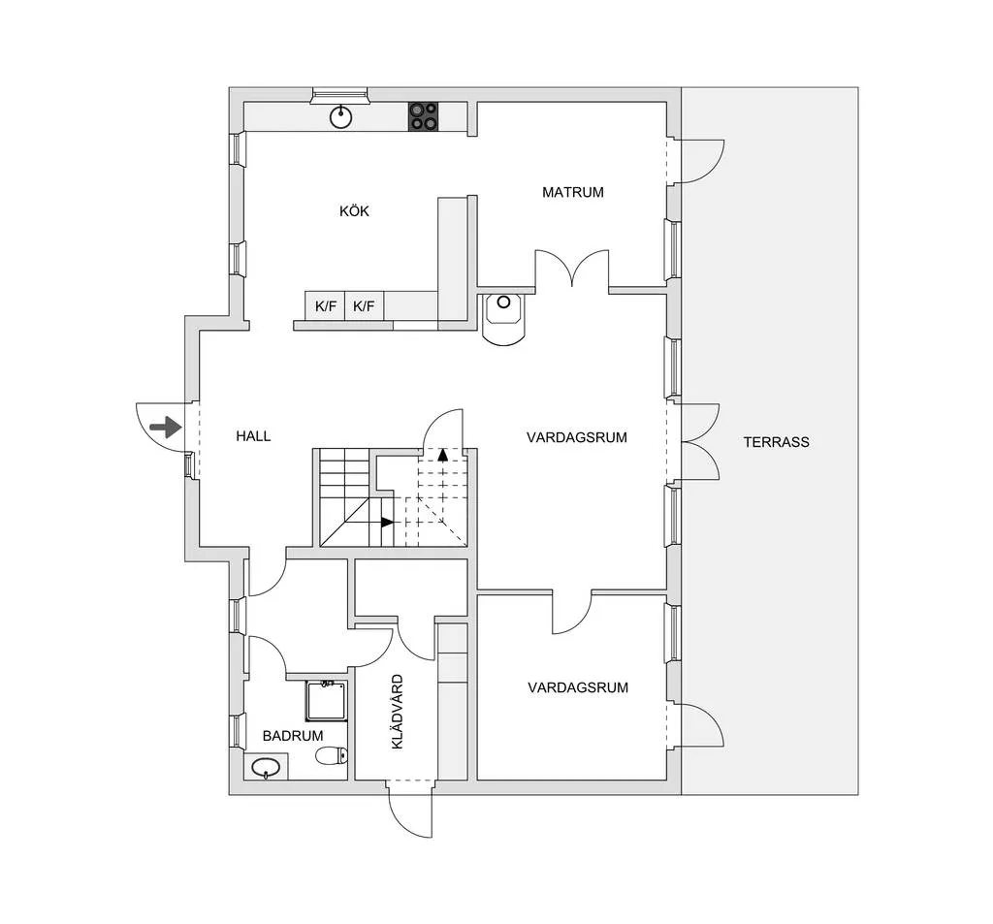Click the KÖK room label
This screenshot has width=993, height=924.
[x=354, y=211]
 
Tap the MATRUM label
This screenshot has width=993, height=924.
[x=572, y=192]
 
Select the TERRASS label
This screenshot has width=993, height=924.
[x=776, y=442]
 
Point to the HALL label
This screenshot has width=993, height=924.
[x=253, y=436]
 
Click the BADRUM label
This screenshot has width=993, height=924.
[x=292, y=736]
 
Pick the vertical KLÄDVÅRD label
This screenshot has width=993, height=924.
[x=397, y=712]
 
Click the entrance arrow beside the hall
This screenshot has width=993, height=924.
[x=167, y=427]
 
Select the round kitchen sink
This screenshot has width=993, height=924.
[x=340, y=117]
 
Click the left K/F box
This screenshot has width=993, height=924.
[x=326, y=306]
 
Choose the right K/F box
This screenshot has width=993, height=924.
[x=364, y=306]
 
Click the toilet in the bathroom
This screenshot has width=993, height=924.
[x=331, y=755]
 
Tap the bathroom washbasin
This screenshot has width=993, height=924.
[x=265, y=770]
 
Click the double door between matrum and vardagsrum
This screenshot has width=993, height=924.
[x=573, y=268]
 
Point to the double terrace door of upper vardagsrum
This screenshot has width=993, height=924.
[x=698, y=442]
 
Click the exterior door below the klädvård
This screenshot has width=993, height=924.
[x=409, y=810]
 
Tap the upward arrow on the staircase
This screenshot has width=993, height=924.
[x=442, y=454]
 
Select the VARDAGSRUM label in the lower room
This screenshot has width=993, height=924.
[x=578, y=687]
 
